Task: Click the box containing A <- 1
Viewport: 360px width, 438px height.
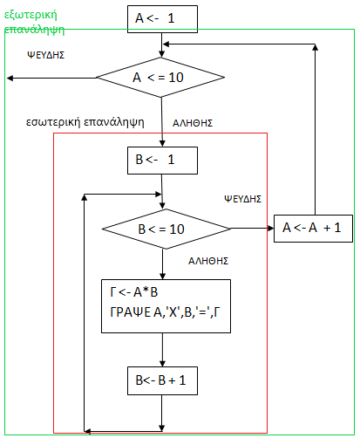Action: [162, 19]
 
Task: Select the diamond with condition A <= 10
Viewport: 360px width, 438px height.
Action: [160, 78]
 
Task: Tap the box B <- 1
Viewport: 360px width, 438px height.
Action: [162, 161]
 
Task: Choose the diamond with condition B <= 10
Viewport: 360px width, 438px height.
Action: [166, 229]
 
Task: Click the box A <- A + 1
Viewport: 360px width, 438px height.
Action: [313, 229]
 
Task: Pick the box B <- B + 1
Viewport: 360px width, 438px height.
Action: [162, 380]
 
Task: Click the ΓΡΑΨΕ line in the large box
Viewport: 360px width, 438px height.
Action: [165, 312]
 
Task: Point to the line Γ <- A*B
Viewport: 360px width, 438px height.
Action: [134, 292]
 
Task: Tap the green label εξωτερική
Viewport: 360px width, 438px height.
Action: [31, 15]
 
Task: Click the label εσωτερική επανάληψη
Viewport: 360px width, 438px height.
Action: [85, 122]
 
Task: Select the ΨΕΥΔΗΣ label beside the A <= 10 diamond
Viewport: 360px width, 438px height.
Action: [46, 55]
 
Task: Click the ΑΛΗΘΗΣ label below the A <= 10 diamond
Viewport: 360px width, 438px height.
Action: [193, 123]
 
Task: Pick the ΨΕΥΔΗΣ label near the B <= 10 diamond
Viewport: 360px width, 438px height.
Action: [243, 199]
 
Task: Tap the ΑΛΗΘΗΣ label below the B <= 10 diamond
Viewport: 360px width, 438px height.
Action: [208, 261]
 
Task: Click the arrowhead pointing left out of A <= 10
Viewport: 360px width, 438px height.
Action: [10, 78]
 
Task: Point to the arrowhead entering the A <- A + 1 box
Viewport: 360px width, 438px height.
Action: [270, 229]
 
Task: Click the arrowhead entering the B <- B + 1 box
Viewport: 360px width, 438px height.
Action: [162, 364]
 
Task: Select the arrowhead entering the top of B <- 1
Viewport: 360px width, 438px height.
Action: [162, 143]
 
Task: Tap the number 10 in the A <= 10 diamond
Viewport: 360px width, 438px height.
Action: [176, 78]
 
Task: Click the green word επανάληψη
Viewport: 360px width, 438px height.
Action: [34, 30]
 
